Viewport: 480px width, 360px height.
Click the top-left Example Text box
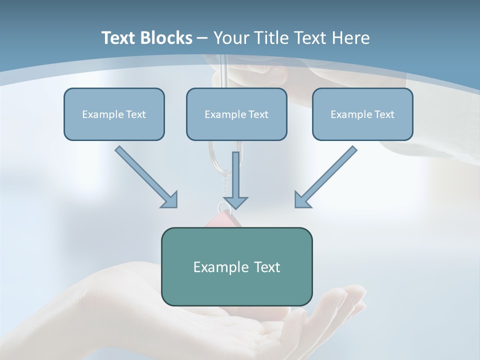coord(114,114)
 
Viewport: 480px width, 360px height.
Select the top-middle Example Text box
coord(236,114)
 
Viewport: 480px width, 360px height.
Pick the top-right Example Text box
coord(362,114)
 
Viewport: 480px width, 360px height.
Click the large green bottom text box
coord(236,266)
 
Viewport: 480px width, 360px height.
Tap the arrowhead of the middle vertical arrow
coord(235,202)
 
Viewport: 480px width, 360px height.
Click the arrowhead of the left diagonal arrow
coord(170,199)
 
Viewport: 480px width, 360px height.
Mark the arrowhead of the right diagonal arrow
coord(302,199)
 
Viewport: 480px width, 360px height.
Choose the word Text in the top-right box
coord(384,114)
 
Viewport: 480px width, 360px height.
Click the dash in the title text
coord(203,38)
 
